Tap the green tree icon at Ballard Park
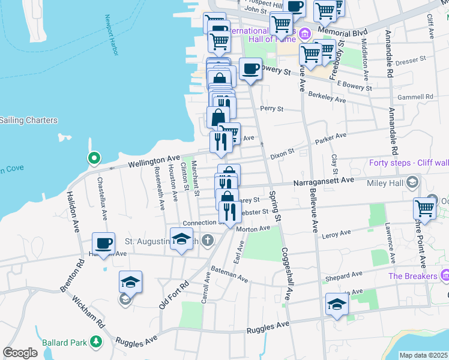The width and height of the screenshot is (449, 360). [95, 342]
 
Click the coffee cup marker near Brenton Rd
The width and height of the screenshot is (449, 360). [103, 244]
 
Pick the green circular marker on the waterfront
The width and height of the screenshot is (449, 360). [93, 158]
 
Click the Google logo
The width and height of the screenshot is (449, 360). [20, 353]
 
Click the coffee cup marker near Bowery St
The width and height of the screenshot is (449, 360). [250, 68]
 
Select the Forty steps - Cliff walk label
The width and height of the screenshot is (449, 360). [409, 162]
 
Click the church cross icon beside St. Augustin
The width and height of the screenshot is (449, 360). [207, 241]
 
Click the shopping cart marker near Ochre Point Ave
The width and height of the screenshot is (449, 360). [424, 209]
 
